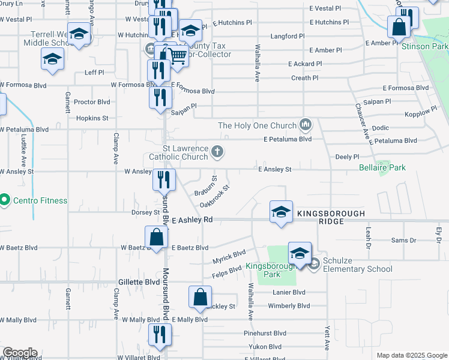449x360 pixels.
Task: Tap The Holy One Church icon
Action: (x=306, y=125)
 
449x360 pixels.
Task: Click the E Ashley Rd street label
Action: (x=192, y=221)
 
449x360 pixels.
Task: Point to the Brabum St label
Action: (x=205, y=186)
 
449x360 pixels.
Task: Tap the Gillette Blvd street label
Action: (x=139, y=281)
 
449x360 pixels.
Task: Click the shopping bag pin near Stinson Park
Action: (x=399, y=27)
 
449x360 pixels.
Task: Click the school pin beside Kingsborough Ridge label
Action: (x=281, y=212)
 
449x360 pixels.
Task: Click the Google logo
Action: (x=20, y=353)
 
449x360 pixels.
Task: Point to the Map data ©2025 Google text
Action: (x=411, y=355)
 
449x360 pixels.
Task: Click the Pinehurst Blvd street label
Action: (x=265, y=333)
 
